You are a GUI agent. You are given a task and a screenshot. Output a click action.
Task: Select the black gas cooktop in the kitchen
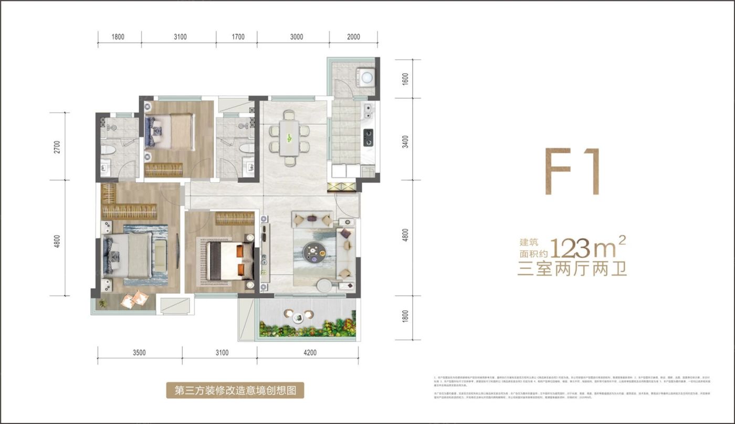pos(368,137)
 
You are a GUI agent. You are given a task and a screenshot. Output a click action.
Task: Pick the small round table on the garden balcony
pos(298,317)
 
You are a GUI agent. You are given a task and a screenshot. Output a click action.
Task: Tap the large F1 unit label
pos(572,172)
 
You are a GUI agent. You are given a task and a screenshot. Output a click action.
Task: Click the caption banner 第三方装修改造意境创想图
pos(235,390)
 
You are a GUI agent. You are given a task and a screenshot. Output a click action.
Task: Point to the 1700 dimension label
pos(237,37)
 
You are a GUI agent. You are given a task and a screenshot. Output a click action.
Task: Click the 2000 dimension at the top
pos(353,37)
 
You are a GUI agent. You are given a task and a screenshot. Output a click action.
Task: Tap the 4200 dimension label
pos(310,353)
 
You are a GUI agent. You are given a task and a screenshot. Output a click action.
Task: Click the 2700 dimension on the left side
pos(57,146)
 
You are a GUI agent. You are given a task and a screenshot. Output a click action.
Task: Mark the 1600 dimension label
pos(404,79)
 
